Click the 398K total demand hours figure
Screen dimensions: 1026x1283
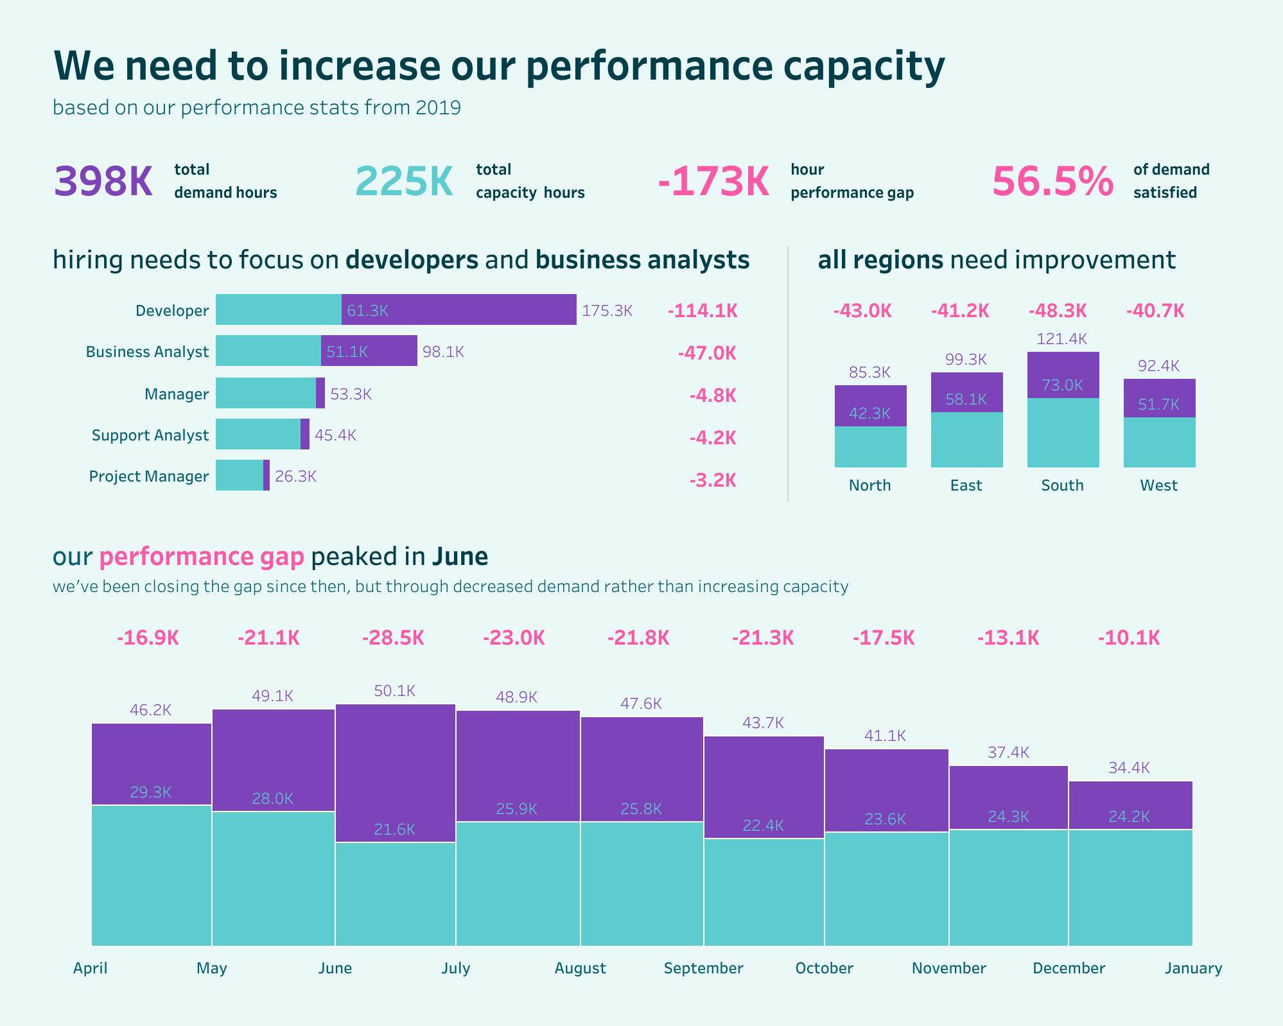point(103,182)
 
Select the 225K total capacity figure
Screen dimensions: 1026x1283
point(404,182)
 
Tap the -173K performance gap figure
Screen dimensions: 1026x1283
point(713,182)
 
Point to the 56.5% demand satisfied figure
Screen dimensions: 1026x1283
point(1052,182)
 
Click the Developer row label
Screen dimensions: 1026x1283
point(172,311)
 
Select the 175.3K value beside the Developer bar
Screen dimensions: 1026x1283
point(607,311)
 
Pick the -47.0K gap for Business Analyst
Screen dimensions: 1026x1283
point(707,353)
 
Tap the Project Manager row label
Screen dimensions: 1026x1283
point(149,476)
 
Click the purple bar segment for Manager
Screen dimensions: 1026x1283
point(320,393)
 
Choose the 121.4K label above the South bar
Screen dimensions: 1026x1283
point(1062,339)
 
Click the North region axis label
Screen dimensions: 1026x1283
point(869,485)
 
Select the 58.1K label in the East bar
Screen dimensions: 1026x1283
point(966,399)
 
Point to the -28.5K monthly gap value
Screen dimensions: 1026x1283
point(393,638)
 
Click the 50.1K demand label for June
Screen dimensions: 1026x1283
point(394,691)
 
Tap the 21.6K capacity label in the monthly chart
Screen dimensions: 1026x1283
point(394,830)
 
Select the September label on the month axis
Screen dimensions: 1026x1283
point(703,968)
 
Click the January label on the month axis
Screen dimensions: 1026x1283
point(1193,968)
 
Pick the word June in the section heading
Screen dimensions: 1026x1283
point(460,557)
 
